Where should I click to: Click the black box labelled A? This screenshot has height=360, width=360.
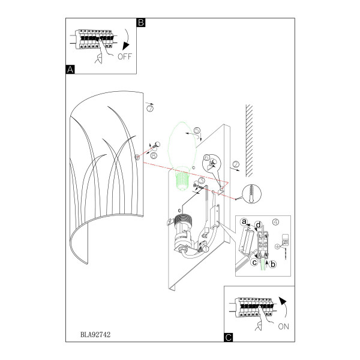tap(70, 70)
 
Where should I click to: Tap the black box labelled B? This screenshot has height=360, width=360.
tap(141, 23)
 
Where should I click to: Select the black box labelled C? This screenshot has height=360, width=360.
tap(229, 337)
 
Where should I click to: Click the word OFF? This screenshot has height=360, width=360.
tap(125, 56)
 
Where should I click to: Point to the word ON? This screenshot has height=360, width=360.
tap(283, 326)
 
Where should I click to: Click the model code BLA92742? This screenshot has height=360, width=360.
tap(95, 335)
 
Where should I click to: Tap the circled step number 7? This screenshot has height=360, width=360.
tap(150, 108)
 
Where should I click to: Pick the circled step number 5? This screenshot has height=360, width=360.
tap(197, 130)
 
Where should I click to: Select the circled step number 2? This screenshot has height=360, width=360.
tap(236, 164)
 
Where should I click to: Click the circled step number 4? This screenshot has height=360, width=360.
tap(275, 222)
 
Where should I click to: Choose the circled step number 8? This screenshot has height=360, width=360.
tap(154, 155)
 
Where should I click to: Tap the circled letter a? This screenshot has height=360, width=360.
tap(244, 222)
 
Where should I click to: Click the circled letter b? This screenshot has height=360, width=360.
tap(273, 264)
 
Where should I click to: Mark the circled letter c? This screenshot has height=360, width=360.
tap(254, 262)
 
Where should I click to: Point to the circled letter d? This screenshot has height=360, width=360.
tap(259, 225)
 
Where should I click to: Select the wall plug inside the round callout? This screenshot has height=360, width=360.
tap(252, 193)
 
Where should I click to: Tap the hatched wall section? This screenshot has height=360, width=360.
tap(250, 140)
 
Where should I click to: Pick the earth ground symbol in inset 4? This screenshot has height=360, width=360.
tap(277, 247)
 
